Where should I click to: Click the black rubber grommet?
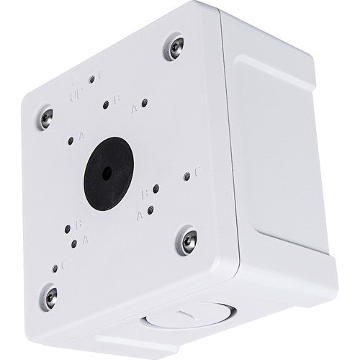point(109,173)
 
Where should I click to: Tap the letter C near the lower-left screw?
point(65,264)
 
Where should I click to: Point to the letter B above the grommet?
point(117,100)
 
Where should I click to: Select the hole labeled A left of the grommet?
point(71,141)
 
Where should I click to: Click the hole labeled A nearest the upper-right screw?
point(144,102)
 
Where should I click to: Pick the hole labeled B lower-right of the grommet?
point(155,189)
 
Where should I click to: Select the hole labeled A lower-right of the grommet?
point(150,210)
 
